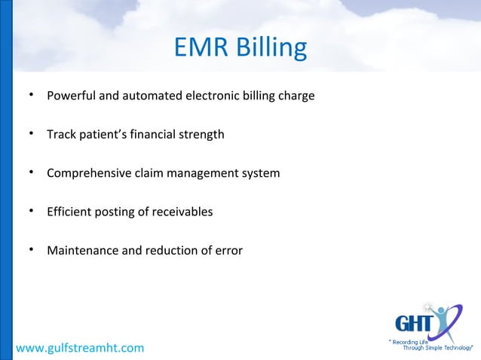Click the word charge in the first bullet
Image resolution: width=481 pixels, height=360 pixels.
[296, 97]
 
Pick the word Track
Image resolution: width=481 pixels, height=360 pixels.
[60, 135]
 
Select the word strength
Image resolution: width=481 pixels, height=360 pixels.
[199, 136]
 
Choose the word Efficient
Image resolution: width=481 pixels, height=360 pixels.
[69, 212]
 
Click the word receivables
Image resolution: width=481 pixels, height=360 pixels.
[182, 212]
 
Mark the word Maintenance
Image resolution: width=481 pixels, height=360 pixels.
[81, 250]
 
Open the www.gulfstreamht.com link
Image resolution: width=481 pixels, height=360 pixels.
[79, 347]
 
